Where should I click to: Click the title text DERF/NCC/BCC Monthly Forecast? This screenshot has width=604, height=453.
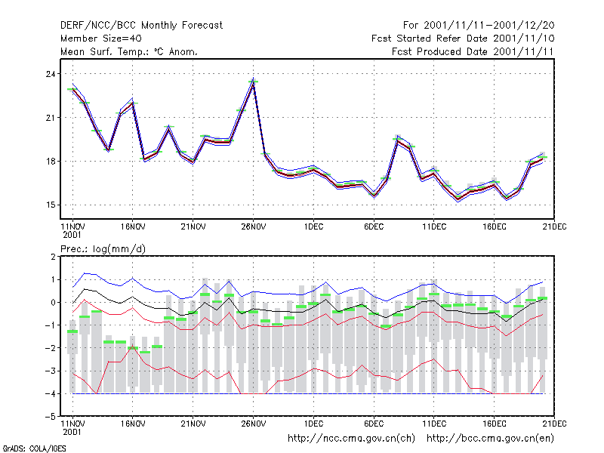(141, 26)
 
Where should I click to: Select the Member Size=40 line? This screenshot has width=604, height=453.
(101, 39)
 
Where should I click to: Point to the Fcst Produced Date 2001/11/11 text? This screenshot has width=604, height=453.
(473, 51)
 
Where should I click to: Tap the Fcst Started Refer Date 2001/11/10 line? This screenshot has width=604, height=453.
(463, 39)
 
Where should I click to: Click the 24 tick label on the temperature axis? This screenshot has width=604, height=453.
(51, 74)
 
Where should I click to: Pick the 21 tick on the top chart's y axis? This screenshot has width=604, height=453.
(51, 118)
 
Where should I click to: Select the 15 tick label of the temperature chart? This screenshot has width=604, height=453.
(51, 205)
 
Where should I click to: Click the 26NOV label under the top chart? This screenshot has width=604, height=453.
(253, 226)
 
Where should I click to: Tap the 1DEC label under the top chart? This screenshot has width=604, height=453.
(313, 226)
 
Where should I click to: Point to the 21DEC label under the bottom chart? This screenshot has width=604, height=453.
(554, 424)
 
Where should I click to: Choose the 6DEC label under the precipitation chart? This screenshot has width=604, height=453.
(374, 424)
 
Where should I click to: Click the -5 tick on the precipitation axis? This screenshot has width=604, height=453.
(51, 417)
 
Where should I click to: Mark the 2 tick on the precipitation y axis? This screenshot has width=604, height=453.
(53, 257)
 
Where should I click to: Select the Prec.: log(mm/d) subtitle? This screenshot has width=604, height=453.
(103, 249)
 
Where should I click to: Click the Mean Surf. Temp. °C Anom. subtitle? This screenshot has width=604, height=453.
(129, 51)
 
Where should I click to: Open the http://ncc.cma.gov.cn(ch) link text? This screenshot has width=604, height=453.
(351, 439)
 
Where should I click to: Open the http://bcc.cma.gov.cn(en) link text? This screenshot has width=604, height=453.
(490, 439)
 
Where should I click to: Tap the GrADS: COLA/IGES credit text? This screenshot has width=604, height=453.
(34, 448)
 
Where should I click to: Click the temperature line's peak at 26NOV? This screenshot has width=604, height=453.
(253, 82)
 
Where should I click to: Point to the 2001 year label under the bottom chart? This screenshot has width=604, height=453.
(72, 432)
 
